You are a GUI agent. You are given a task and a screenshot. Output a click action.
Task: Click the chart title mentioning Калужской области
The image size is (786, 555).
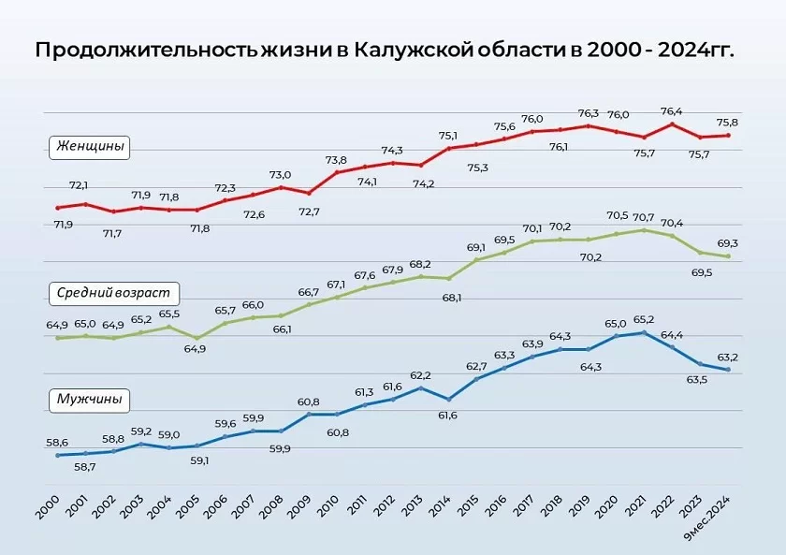click(385, 50)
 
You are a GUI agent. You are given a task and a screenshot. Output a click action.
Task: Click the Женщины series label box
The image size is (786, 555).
click(90, 146)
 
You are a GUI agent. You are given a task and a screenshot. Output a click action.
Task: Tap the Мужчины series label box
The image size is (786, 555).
click(89, 399)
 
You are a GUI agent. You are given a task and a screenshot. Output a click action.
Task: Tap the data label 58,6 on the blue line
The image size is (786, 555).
click(57, 442)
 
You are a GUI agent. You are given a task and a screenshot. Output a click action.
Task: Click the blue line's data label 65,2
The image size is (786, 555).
click(644, 319)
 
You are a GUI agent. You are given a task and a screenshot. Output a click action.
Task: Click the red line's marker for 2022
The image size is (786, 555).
click(672, 124)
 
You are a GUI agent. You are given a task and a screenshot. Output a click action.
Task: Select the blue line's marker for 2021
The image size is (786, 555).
click(644, 332)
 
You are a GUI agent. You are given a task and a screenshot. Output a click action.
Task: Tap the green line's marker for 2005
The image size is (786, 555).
click(196, 338)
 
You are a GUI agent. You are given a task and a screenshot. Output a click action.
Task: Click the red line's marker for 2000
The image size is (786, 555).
click(57, 208)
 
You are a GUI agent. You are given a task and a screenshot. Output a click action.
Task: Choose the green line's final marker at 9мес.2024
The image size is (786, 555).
click(727, 256)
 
